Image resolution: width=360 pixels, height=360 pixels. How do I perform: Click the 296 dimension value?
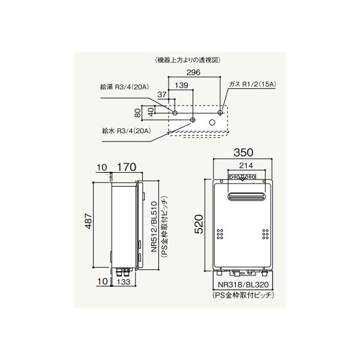pos(193,73)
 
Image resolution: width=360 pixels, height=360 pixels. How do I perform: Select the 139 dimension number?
pos(181,85)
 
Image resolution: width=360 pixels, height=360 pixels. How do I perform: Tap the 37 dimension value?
pos(162,94)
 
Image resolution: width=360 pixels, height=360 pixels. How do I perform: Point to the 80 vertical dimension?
pos(137,113)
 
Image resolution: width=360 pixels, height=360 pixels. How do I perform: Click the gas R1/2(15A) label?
pos(253,84)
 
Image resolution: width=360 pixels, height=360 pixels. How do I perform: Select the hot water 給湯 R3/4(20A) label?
pos(124,87)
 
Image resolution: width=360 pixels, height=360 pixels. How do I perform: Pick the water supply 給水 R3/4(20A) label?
pos(126,131)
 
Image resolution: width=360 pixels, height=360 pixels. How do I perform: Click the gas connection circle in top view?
pos(220,113)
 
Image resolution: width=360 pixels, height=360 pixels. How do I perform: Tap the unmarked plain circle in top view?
pos(212,122)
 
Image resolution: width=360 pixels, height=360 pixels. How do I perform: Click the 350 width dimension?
pos(244,152)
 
